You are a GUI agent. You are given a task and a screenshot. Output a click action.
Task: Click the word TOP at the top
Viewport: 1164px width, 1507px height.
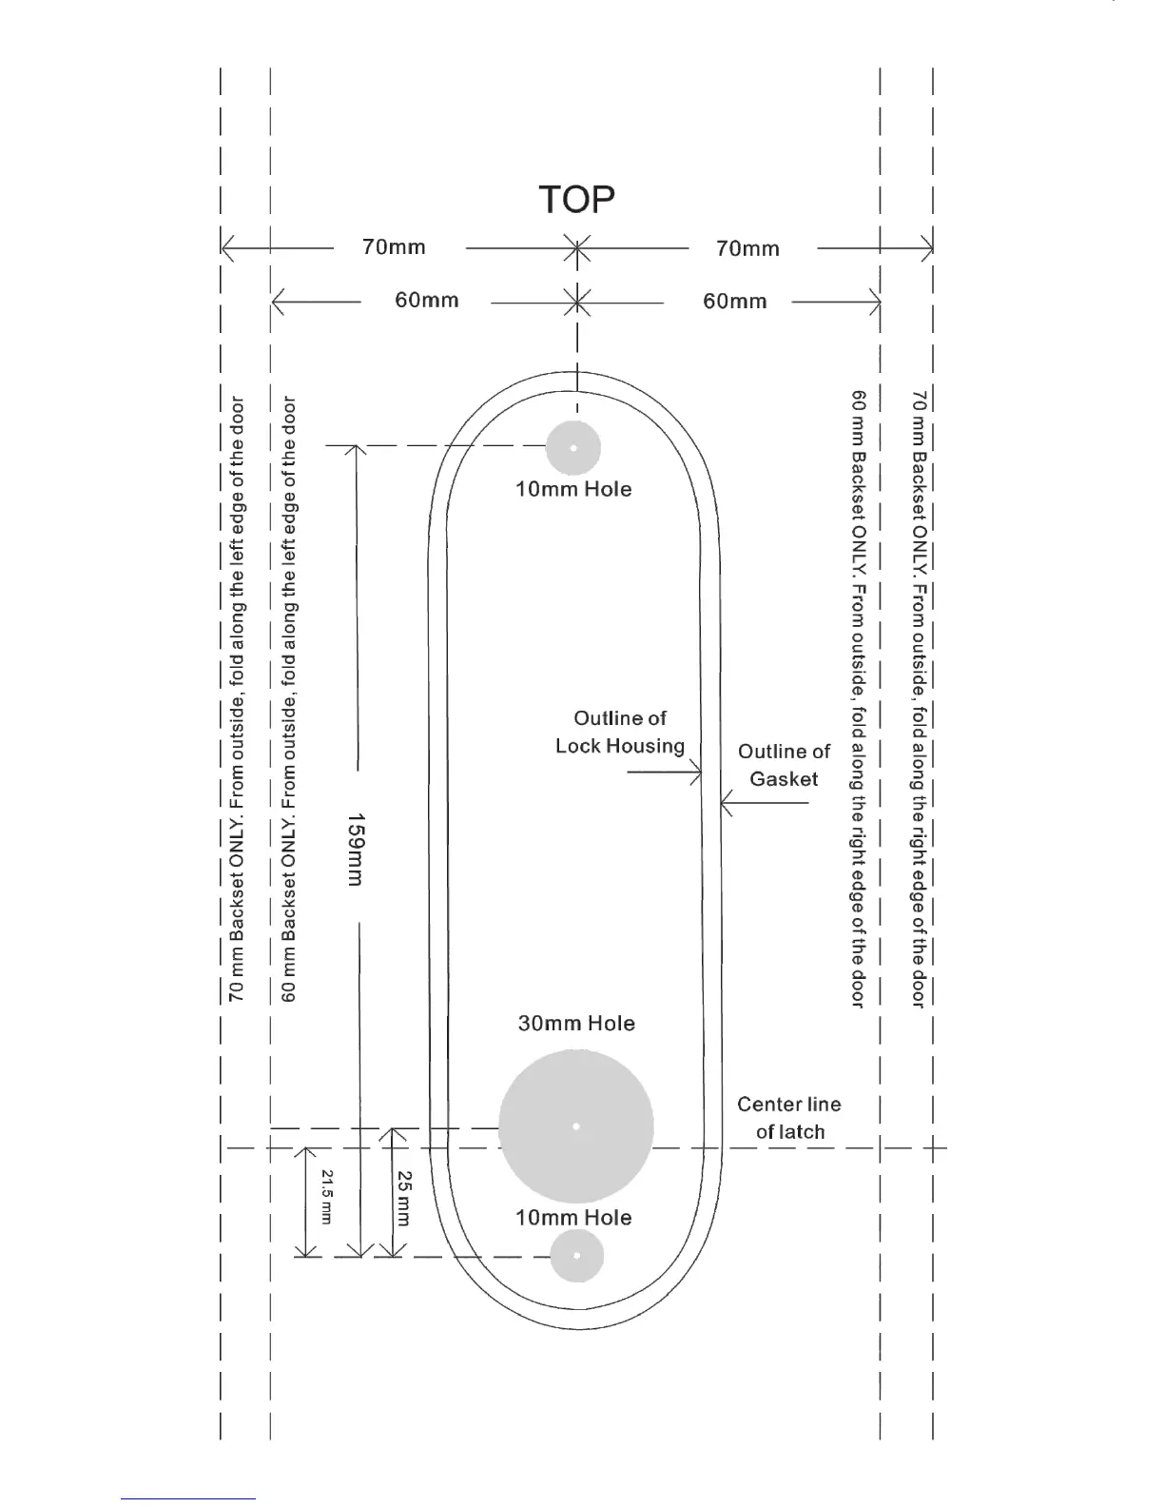[x=576, y=200]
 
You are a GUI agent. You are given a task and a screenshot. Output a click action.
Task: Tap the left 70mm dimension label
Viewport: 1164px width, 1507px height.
[x=394, y=247]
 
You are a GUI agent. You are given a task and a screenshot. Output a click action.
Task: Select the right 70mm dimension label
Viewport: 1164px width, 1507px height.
[x=747, y=249]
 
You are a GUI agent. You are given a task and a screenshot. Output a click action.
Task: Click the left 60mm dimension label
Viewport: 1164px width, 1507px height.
[x=426, y=301]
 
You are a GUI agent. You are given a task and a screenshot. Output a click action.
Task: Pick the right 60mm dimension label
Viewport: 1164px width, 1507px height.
[x=734, y=302]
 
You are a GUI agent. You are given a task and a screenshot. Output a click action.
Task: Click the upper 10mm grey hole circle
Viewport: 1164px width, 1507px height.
[x=573, y=447]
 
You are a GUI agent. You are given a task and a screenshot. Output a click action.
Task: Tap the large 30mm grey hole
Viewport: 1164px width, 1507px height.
[x=576, y=1126]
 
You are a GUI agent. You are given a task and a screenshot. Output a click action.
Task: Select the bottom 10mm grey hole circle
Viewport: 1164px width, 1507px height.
[x=577, y=1256]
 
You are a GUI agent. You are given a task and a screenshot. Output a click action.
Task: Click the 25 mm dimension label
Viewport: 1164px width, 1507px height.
[x=404, y=1198]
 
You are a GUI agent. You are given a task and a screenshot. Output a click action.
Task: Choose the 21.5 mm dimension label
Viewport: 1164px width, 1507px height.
[x=327, y=1197]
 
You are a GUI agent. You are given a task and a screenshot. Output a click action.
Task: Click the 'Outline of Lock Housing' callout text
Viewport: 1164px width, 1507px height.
[x=620, y=732]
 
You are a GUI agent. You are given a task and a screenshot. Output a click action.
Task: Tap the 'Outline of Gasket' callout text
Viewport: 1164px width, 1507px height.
[x=784, y=765]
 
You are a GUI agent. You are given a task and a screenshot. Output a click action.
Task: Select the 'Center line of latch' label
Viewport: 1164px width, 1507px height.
[x=789, y=1118]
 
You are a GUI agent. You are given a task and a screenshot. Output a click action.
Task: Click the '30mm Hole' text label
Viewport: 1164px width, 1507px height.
[x=576, y=1024]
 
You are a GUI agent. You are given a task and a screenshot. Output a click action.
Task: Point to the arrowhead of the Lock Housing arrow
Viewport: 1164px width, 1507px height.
[x=699, y=773]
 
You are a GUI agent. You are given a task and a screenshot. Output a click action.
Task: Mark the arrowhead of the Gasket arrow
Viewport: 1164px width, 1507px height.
[x=724, y=804]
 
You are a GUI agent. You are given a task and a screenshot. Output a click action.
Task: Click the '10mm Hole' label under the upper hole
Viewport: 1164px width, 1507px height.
[x=573, y=489]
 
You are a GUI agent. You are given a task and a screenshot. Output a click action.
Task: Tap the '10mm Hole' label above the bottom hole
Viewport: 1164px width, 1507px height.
[x=573, y=1218]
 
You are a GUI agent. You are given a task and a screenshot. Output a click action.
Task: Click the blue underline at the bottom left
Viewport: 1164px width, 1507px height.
[x=187, y=1498]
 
